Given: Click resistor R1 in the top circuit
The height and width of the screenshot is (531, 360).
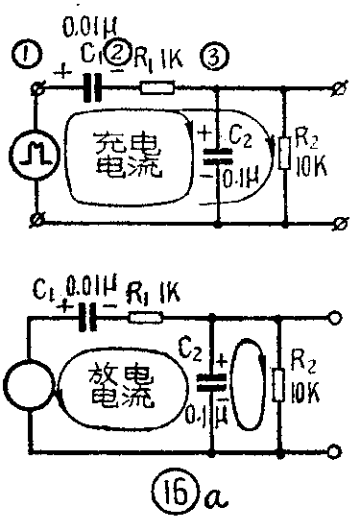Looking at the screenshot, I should [x=155, y=87].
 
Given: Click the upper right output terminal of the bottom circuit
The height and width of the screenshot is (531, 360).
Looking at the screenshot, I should [x=335, y=319].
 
